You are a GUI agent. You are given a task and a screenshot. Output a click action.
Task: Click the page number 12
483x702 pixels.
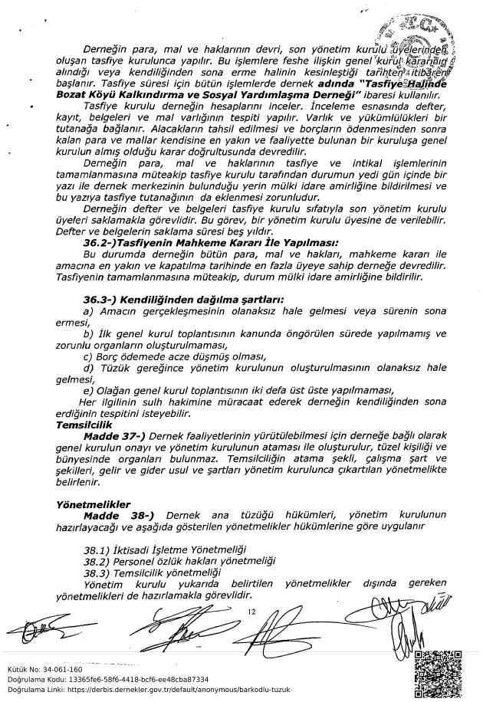pos(251,611)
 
